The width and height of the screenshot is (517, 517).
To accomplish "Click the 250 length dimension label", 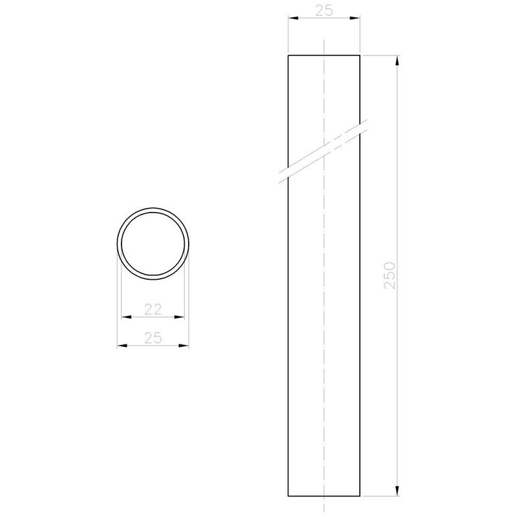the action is pyautogui.click(x=390, y=276).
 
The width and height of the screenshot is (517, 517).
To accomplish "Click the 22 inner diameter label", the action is pyautogui.click(x=153, y=310).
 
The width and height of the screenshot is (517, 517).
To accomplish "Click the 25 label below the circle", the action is pyautogui.click(x=153, y=338).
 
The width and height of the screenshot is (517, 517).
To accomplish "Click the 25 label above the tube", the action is pyautogui.click(x=324, y=10).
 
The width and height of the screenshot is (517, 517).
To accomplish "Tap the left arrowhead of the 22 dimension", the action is pyautogui.click(x=126, y=317).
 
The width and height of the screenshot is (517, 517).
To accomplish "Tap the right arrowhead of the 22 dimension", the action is pyautogui.click(x=180, y=317).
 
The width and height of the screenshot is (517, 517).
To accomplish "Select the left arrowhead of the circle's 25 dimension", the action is pyautogui.click(x=122, y=346).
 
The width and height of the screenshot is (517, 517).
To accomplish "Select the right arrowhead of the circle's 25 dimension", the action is pyautogui.click(x=184, y=346).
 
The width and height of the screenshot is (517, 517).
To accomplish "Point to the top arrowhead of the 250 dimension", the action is pyautogui.click(x=397, y=60).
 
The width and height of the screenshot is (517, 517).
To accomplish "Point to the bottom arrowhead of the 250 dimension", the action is pyautogui.click(x=397, y=491).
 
